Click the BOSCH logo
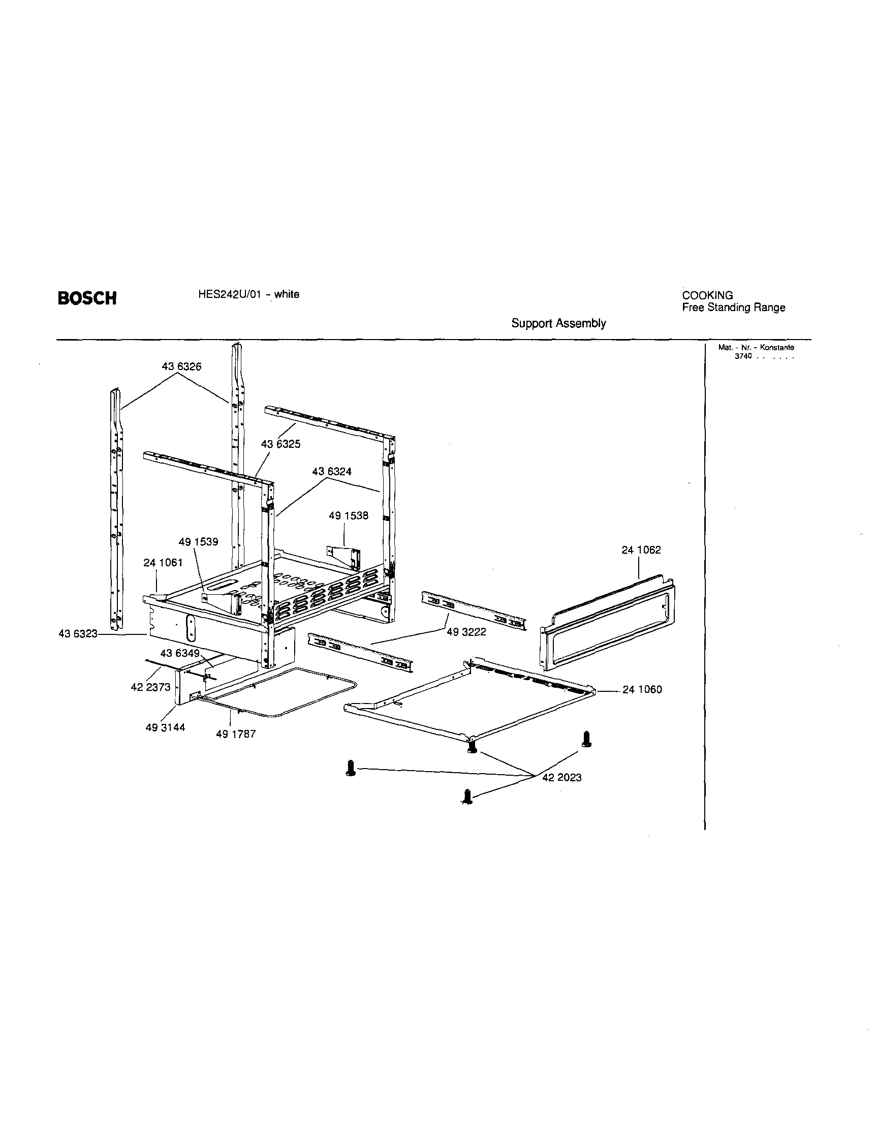point(87,298)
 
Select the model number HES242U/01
point(227,294)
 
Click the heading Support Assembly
point(558,323)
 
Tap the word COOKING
point(707,295)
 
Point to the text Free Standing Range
point(733,308)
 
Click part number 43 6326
point(181,367)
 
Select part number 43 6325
point(280,444)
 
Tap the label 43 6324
point(331,471)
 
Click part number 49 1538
point(349,515)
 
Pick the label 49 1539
point(198,542)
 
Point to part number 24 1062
point(641,550)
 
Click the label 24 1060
point(642,689)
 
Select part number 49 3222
point(466,632)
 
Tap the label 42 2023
point(561,777)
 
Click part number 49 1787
point(236,734)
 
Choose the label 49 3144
point(165,727)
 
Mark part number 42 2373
point(150,687)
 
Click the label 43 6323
point(78,634)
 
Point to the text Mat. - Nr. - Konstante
point(756,348)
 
